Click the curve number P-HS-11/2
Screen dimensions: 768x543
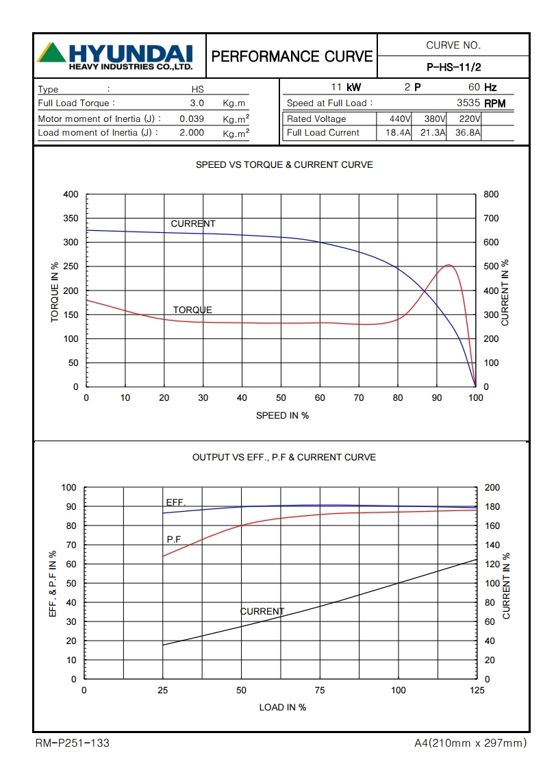tap(453, 67)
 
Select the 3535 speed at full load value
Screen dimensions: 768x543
tap(468, 103)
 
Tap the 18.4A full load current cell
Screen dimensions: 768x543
tap(394, 133)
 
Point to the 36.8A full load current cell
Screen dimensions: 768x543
tap(464, 133)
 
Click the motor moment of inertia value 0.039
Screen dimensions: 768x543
tap(192, 119)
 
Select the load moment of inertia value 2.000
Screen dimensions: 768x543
tap(192, 133)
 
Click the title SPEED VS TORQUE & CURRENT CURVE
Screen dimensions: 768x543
tap(284, 165)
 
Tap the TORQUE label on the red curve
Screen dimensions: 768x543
tap(192, 310)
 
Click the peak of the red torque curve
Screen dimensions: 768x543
tap(449, 265)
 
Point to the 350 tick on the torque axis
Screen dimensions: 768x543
tap(71, 219)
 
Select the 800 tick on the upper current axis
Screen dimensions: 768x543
tap(491, 195)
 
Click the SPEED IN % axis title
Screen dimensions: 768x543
tap(282, 416)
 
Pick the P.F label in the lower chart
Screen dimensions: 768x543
tap(174, 540)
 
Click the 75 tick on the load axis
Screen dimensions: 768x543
tap(320, 691)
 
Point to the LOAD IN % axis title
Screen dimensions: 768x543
tap(282, 707)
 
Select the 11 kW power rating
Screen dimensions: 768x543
tap(346, 88)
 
